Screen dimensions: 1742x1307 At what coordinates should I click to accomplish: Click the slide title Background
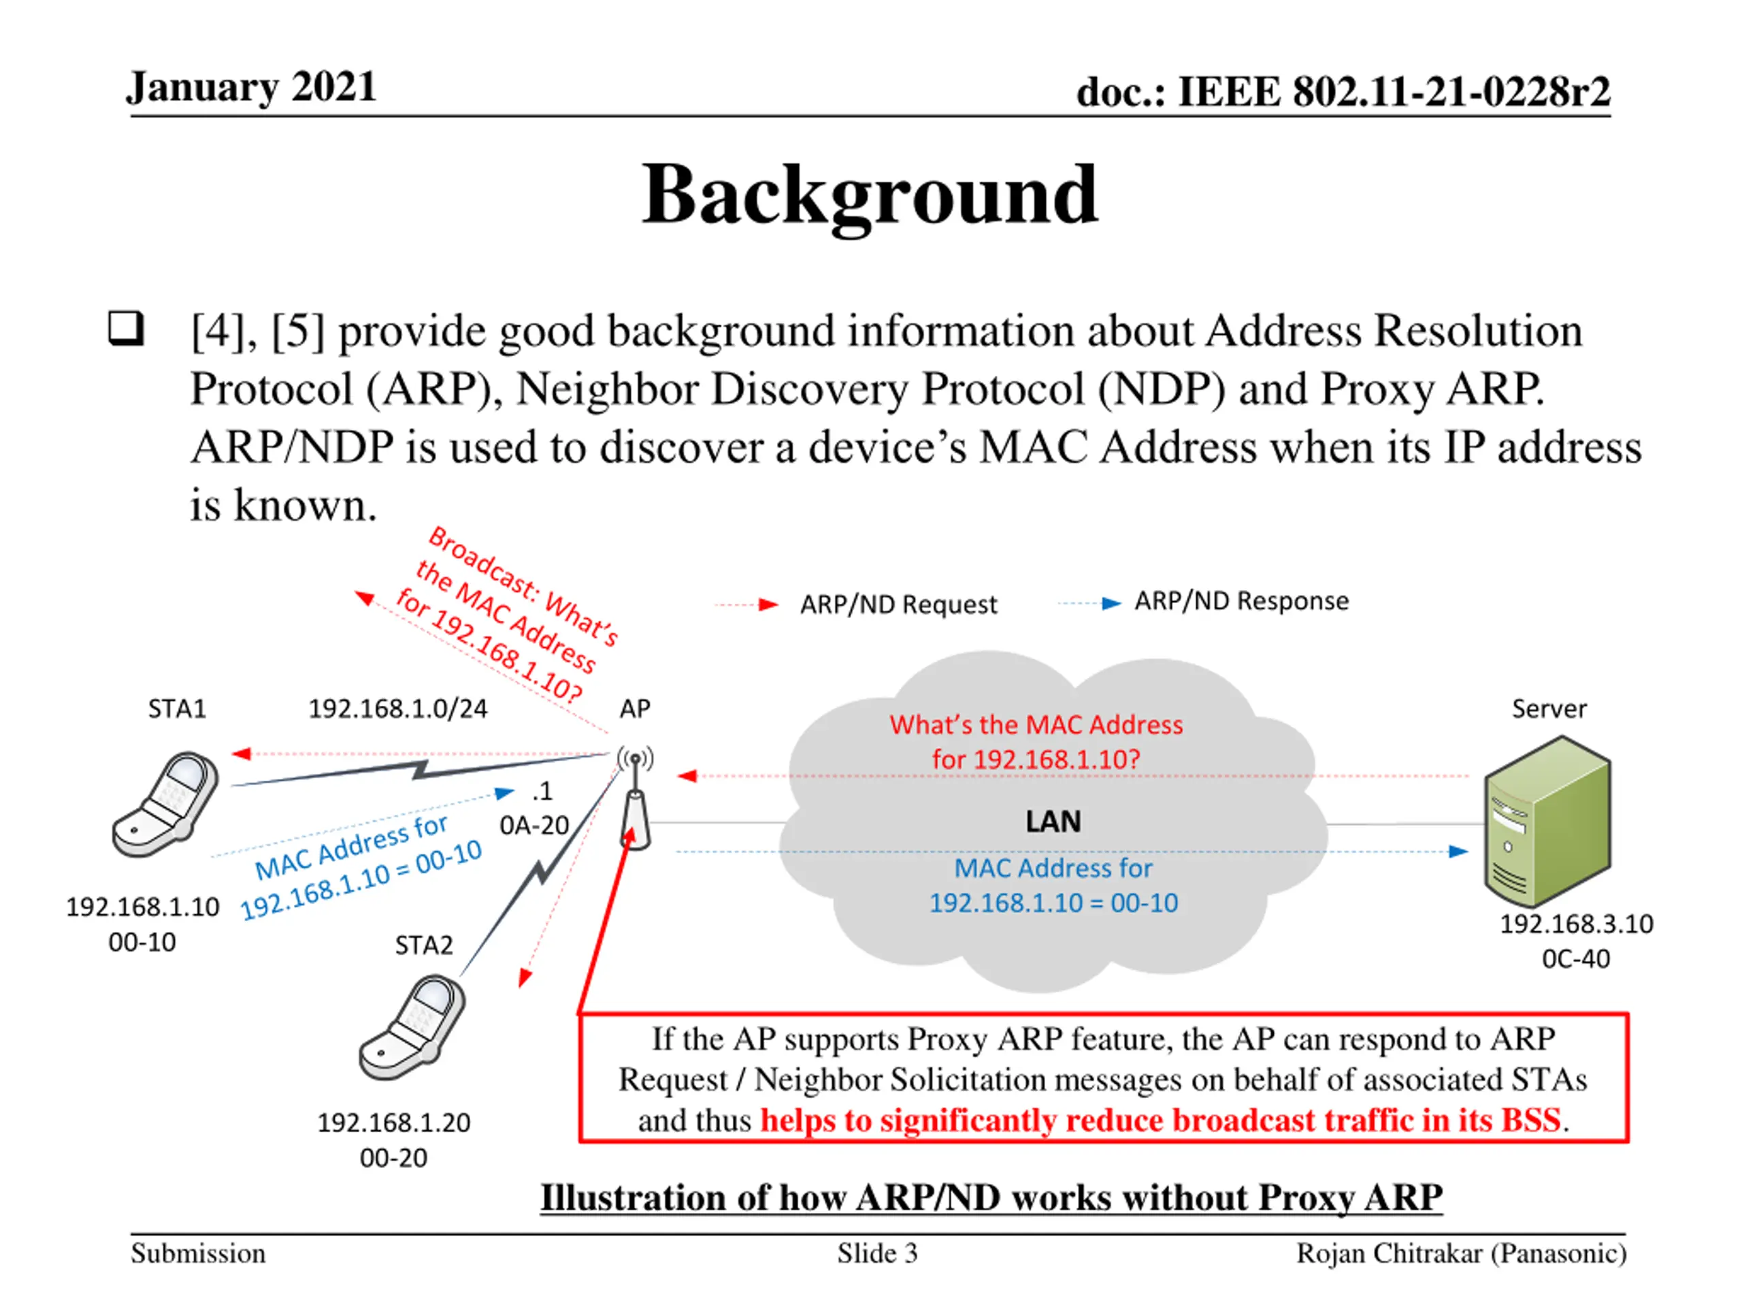pos(870,195)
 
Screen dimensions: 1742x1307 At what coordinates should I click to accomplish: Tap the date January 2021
pos(251,86)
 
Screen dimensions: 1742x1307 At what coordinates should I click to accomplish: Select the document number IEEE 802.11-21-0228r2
pos(1394,91)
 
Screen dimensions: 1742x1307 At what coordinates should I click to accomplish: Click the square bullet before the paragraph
pos(126,329)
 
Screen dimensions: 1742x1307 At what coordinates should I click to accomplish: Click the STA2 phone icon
pos(412,1027)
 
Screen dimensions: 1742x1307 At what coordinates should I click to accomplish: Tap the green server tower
pos(1547,821)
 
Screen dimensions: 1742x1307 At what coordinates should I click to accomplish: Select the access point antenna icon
pos(635,797)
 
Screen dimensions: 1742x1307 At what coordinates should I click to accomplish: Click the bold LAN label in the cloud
pos(1053,822)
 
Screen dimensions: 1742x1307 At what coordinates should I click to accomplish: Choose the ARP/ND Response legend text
pos(1241,601)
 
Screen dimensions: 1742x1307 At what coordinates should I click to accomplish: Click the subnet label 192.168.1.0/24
pos(397,709)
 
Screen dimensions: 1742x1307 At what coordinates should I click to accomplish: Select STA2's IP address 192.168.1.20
pos(394,1123)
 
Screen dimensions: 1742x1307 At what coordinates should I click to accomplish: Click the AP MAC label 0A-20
pos(534,825)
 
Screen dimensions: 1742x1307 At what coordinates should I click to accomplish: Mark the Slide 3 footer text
pos(877,1253)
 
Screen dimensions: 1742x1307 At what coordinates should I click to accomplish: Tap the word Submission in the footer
pos(199,1253)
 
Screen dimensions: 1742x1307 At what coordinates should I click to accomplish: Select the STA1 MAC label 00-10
pos(142,942)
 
